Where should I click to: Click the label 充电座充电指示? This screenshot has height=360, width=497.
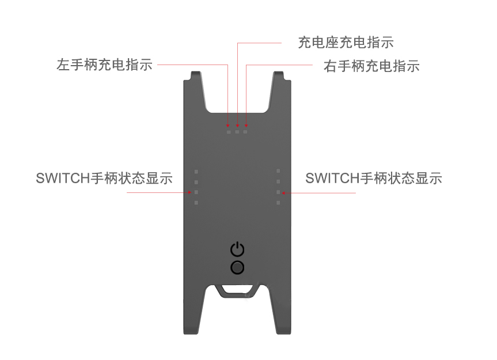(x=346, y=42)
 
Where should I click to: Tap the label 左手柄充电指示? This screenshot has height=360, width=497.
(x=104, y=65)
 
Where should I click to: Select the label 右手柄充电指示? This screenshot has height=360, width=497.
(x=371, y=66)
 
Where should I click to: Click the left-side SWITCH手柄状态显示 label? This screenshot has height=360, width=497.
(x=104, y=178)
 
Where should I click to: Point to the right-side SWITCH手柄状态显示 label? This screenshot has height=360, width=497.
(x=373, y=178)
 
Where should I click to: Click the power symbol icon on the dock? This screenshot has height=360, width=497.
(x=237, y=249)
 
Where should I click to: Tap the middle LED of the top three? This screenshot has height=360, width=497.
(x=237, y=132)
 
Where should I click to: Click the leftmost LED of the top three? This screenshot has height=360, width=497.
(x=229, y=132)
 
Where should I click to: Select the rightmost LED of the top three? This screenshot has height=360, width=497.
(x=245, y=132)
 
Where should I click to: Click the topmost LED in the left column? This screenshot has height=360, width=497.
(x=196, y=171)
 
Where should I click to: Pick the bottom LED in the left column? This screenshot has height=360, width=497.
(x=196, y=203)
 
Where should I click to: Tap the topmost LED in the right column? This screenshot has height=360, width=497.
(x=278, y=171)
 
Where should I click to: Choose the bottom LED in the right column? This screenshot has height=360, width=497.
(x=278, y=203)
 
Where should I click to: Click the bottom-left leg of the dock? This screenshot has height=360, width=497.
(x=192, y=323)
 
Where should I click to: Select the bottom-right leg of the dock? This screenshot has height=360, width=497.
(x=282, y=323)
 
